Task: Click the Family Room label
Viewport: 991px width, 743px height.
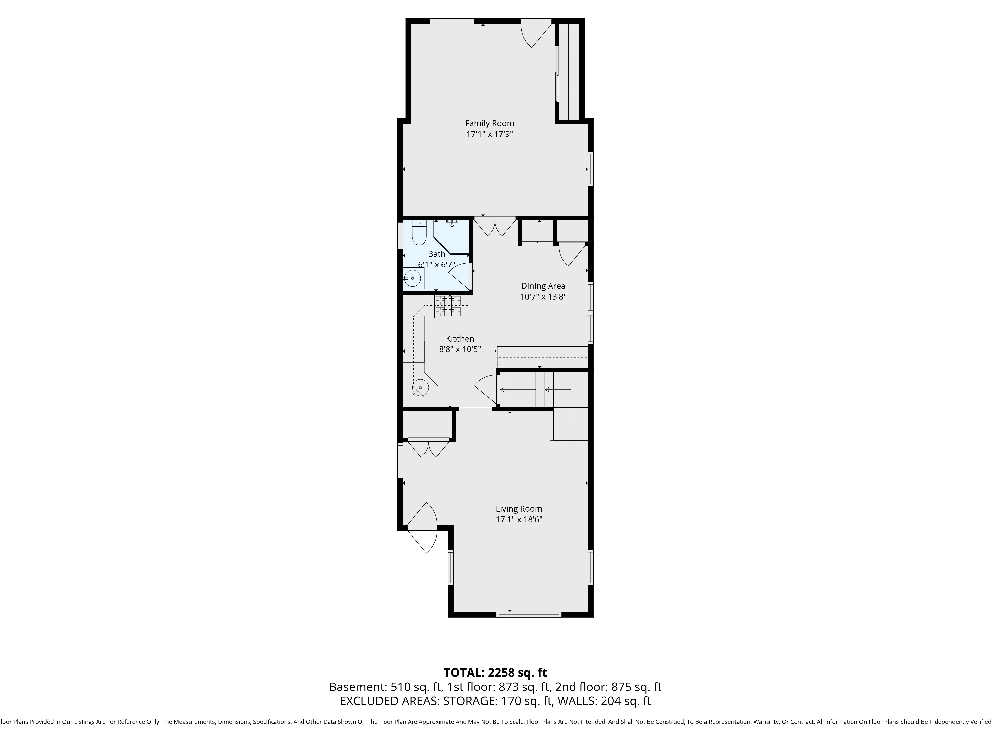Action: point(489,123)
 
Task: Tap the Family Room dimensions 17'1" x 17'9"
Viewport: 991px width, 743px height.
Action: point(489,134)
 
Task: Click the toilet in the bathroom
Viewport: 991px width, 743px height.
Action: point(419,233)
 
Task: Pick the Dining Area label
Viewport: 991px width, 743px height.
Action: point(543,286)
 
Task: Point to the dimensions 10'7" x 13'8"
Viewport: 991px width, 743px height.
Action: point(543,296)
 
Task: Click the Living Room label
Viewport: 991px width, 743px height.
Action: point(519,509)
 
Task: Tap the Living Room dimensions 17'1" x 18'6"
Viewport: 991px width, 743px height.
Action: point(519,520)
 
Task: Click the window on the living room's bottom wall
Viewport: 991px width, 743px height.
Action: point(529,615)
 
